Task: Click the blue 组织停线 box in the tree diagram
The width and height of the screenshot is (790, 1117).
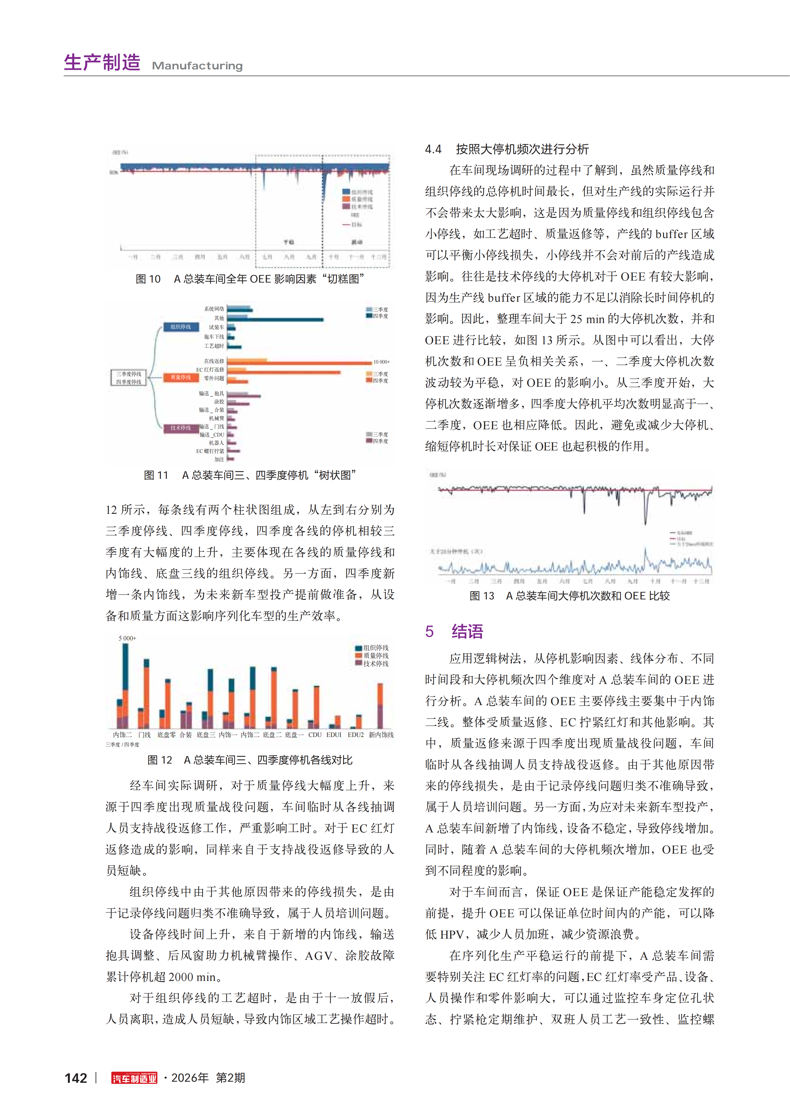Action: [x=181, y=327]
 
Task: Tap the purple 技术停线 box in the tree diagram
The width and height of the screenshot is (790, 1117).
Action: [x=181, y=428]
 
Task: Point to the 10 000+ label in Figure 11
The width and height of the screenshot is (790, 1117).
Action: [x=382, y=362]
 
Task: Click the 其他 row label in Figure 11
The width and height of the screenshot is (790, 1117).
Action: [x=219, y=318]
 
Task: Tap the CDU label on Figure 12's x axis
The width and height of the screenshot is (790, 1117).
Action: [x=315, y=735]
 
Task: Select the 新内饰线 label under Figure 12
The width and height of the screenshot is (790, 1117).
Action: [x=381, y=735]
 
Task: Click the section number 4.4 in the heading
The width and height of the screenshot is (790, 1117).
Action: [x=433, y=149]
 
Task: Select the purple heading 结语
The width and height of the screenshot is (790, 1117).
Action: [x=467, y=631]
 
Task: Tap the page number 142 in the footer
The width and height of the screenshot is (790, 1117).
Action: [x=76, y=1078]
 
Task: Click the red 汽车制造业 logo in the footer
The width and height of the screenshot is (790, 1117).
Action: [x=134, y=1078]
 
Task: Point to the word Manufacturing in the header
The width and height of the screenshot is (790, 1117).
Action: [x=197, y=66]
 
